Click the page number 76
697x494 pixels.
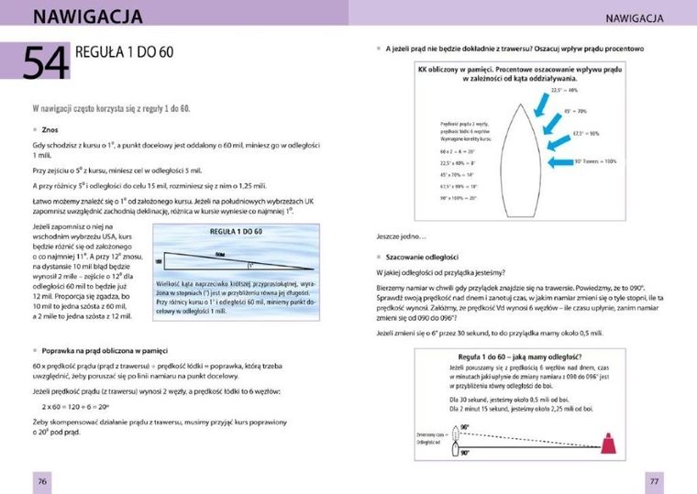(41, 481)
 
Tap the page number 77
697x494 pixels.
(654, 481)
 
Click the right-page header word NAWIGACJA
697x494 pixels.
(641, 17)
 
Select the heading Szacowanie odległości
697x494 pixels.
(422, 257)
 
